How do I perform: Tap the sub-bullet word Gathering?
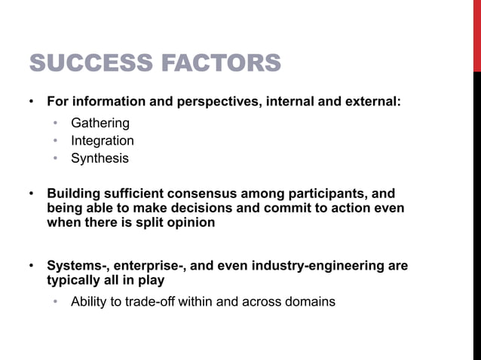click(x=100, y=123)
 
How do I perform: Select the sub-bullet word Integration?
click(x=103, y=141)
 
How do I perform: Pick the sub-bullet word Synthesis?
click(x=100, y=159)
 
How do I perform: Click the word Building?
click(x=72, y=194)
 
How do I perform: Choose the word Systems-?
click(x=77, y=266)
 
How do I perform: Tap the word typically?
click(x=74, y=280)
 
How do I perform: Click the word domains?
click(x=311, y=302)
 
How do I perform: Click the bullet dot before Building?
click(x=31, y=194)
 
